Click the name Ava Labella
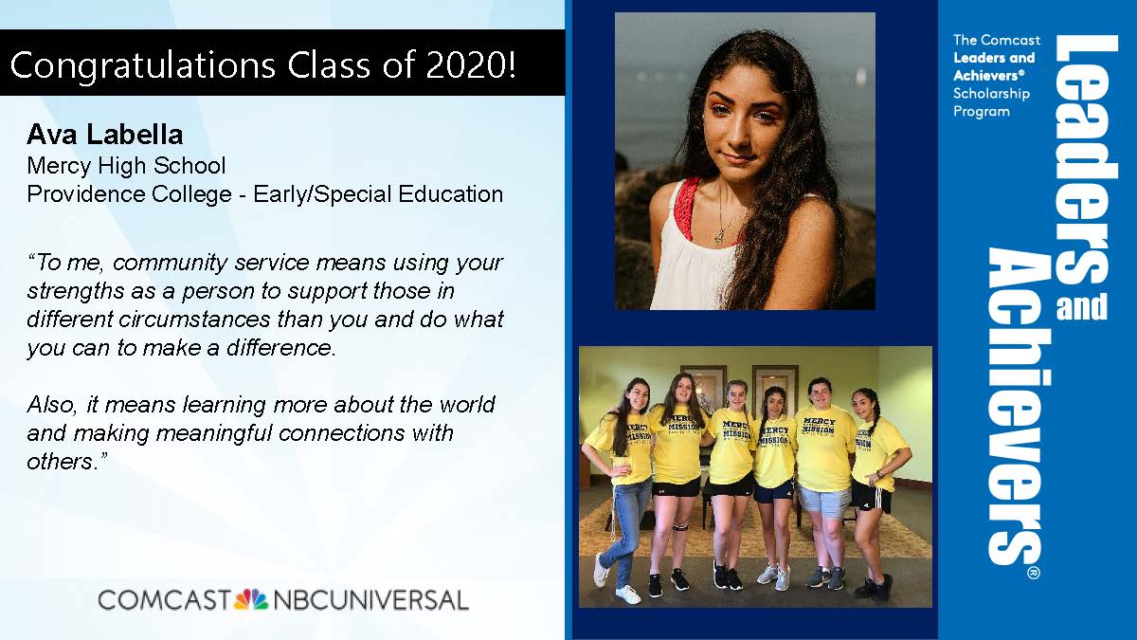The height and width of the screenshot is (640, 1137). click(x=105, y=135)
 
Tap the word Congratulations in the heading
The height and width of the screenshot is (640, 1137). click(x=143, y=66)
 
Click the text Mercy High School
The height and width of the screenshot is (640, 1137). click(x=126, y=166)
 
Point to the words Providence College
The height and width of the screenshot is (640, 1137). click(x=130, y=194)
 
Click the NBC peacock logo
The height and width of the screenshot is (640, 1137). click(x=251, y=599)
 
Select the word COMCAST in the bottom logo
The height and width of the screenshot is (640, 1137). click(x=165, y=600)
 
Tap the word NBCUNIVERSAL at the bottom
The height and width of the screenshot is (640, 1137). click(x=370, y=600)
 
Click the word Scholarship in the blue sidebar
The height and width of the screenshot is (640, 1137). click(x=991, y=94)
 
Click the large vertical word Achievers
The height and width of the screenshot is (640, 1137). click(x=1014, y=407)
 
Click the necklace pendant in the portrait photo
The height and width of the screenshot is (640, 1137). click(x=719, y=236)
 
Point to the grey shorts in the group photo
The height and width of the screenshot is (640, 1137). click(x=823, y=500)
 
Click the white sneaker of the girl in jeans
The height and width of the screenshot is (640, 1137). click(x=627, y=594)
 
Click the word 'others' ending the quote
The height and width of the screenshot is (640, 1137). click(x=60, y=462)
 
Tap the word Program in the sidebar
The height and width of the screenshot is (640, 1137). click(x=982, y=112)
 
